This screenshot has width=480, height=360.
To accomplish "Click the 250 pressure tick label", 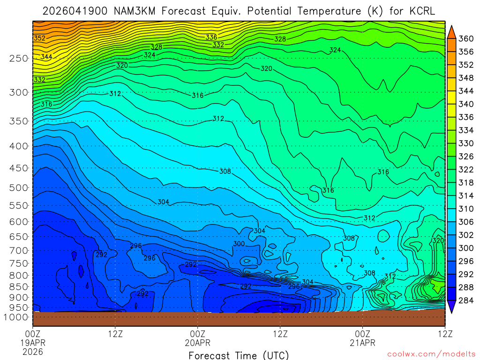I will pyautogui.click(x=18, y=58).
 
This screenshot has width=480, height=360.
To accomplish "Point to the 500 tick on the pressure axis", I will pyautogui.click(x=18, y=187).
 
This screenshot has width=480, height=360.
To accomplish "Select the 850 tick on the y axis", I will pyautogui.click(x=18, y=286).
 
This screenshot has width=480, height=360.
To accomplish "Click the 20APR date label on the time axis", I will pyautogui.click(x=198, y=343).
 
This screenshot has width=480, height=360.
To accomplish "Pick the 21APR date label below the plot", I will pyautogui.click(x=363, y=343).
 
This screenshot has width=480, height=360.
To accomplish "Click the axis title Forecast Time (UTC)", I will pyautogui.click(x=239, y=355).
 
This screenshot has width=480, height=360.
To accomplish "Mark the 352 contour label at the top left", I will pyautogui.click(x=39, y=38).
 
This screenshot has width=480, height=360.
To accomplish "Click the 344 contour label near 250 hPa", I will pyautogui.click(x=46, y=57).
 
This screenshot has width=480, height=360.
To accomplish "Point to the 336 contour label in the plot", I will pyautogui.click(x=211, y=37).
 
